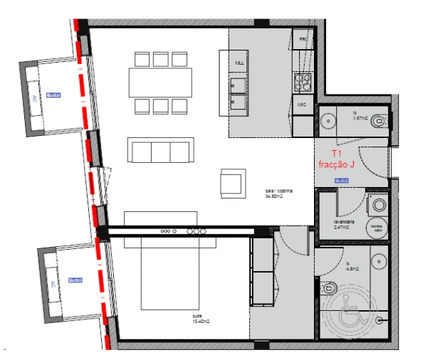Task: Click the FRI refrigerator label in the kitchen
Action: point(303,39)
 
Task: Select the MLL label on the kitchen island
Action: point(240,63)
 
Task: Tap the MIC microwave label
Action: point(302,105)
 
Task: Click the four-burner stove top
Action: point(303,83)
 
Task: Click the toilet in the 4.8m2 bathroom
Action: point(329,288)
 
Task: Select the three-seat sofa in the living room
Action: point(160,151)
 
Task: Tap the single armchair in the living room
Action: point(232,183)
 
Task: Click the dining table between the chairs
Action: point(160,82)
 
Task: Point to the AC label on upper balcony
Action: point(33,99)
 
